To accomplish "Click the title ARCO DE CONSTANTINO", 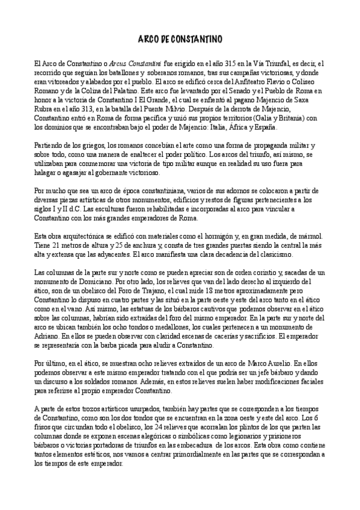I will (x=180, y=39).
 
